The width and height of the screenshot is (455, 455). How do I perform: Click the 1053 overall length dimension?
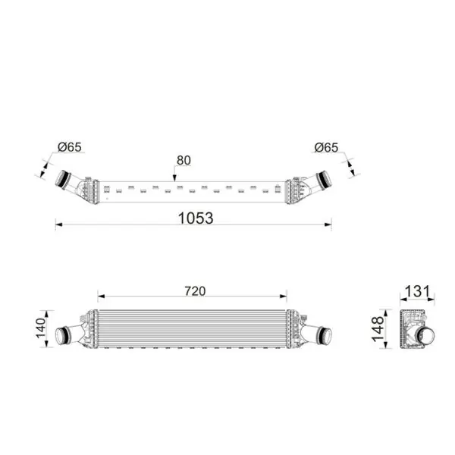click(x=196, y=218)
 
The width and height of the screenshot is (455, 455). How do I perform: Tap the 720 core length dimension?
click(x=195, y=291)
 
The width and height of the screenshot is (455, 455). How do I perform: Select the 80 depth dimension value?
click(x=184, y=160)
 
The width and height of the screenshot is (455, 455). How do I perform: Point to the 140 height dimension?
click(x=41, y=328)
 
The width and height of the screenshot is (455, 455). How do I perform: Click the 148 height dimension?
click(x=378, y=329)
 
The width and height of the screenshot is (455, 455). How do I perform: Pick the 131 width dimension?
click(x=417, y=291)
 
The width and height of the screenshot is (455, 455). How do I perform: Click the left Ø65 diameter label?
click(x=70, y=147)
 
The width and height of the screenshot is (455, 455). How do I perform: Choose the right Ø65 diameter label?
click(x=326, y=147)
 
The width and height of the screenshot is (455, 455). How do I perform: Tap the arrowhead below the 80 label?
click(x=174, y=178)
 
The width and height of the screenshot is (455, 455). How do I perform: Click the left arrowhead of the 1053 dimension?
click(x=58, y=224)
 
